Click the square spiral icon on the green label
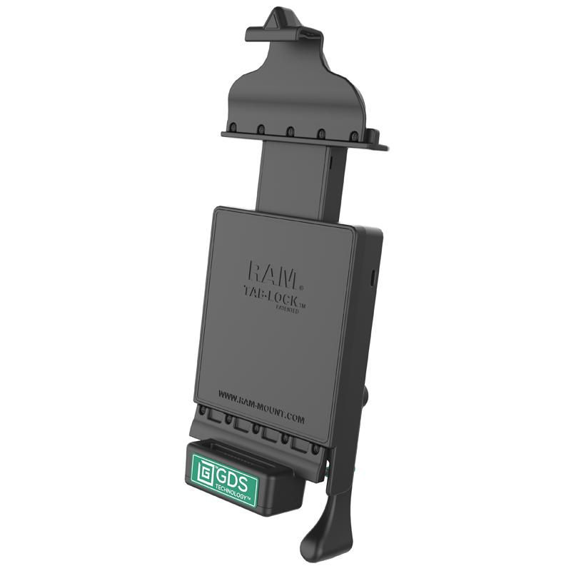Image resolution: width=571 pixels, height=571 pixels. tap(205, 470)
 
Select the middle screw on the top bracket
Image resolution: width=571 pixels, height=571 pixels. tap(291, 131)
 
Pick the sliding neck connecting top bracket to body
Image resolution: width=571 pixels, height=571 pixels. tap(296, 178)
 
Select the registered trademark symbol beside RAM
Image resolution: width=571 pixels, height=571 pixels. tap(300, 288)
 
